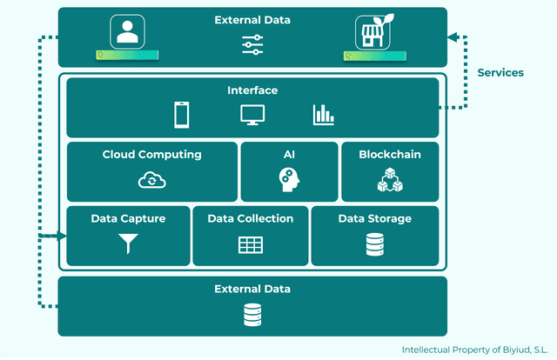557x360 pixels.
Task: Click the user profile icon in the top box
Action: [x=126, y=32]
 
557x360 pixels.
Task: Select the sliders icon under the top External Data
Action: [x=252, y=45]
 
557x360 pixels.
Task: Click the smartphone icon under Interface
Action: [x=182, y=114]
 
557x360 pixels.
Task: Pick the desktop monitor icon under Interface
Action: [x=252, y=114]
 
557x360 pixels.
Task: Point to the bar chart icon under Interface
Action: [x=324, y=114]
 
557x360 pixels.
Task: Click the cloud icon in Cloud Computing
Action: [x=151, y=180]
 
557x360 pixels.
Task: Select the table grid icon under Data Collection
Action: [x=251, y=245]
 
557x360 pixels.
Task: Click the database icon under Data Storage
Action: [x=374, y=244]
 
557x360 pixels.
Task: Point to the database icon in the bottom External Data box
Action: [x=252, y=313]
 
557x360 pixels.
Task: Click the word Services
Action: [x=500, y=73]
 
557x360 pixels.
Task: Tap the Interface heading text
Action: [x=252, y=90]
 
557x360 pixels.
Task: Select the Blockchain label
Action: [x=389, y=155]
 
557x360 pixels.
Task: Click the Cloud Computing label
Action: [x=151, y=155]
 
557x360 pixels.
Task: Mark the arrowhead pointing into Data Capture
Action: [x=62, y=236]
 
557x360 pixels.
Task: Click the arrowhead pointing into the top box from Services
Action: [x=453, y=37]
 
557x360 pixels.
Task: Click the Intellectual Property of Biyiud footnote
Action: [x=474, y=350]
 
